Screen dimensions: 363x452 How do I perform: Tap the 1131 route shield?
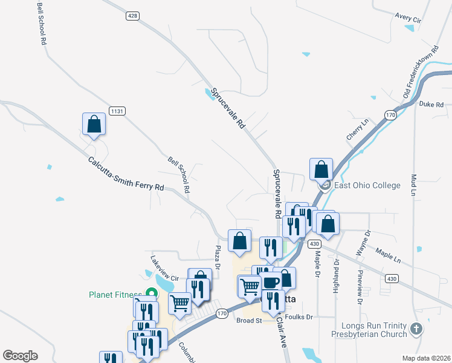117,111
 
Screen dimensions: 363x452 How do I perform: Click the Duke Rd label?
431,104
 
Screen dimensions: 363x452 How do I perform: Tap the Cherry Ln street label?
357,131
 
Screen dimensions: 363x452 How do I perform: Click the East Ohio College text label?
367,185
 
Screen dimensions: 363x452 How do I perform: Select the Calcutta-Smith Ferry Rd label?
126,174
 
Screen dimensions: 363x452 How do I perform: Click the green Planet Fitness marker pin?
152,294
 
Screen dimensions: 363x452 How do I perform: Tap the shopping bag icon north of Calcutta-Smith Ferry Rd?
94,124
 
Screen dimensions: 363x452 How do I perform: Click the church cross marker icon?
415,329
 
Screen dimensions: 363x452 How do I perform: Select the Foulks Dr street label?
300,316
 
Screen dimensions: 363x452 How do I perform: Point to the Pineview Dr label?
360,286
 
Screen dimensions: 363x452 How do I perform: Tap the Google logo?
20,356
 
